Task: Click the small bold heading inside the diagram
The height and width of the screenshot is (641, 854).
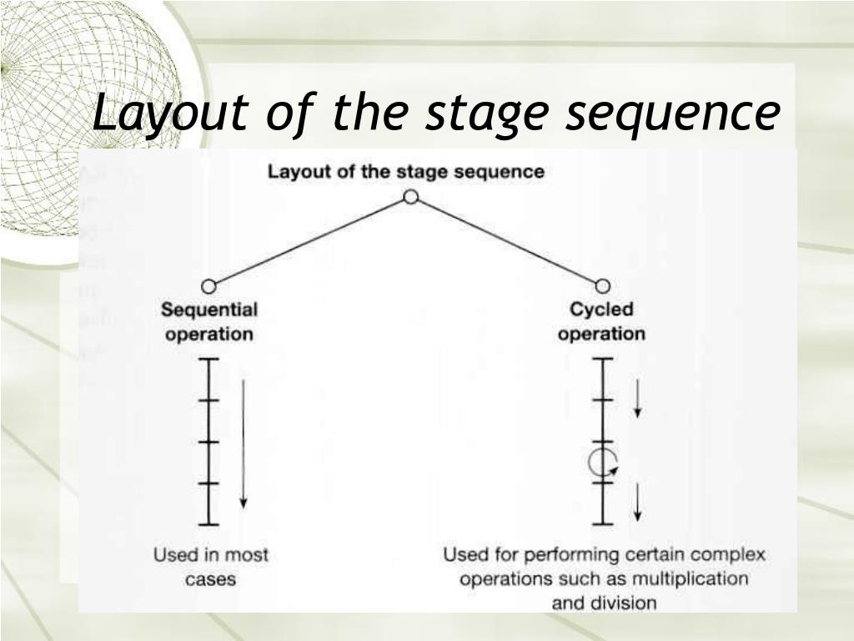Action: (405, 172)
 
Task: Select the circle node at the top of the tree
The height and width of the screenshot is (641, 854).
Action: (410, 197)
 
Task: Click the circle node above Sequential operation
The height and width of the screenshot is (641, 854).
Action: (208, 287)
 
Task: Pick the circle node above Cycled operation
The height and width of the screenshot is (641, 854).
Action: (602, 286)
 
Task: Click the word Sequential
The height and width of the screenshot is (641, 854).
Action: (208, 310)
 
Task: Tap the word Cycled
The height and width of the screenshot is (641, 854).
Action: (601, 310)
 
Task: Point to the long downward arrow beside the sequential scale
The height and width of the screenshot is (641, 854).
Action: (244, 442)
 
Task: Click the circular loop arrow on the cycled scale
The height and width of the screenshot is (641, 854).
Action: (601, 462)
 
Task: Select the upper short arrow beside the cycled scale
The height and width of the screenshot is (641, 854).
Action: (638, 398)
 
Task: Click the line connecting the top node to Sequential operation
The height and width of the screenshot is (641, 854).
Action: (309, 242)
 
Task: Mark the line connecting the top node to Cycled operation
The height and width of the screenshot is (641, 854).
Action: (506, 242)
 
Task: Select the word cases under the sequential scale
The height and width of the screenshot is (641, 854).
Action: (210, 578)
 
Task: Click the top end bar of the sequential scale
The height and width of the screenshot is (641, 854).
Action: (208, 359)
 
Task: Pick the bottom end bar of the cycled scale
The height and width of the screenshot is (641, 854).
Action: (602, 524)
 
